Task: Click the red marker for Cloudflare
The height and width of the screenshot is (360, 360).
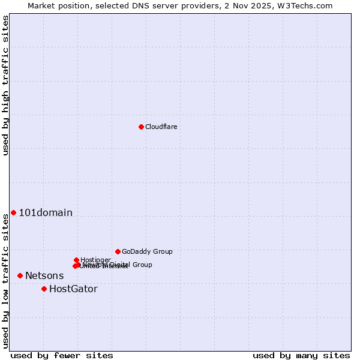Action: [141, 127]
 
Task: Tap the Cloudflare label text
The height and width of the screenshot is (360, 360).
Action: [161, 127]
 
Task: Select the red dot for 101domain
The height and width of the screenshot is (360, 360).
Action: [13, 212]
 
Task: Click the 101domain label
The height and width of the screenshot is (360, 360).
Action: [46, 212]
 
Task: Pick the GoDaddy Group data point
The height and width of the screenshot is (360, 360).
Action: [118, 251]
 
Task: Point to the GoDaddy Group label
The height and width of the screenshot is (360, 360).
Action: [147, 251]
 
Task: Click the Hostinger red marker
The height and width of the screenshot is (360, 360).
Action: [76, 260]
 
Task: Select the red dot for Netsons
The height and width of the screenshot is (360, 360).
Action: [20, 275]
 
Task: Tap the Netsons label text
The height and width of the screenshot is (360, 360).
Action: [44, 276]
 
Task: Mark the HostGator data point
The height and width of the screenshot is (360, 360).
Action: [44, 289]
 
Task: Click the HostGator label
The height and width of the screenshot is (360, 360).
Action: [73, 289]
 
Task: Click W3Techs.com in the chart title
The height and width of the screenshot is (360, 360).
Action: [306, 5]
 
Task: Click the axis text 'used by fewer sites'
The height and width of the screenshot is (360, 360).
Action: [62, 355]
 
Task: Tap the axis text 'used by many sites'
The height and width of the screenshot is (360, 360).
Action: [301, 355]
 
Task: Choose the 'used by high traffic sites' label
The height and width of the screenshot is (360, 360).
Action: [5, 85]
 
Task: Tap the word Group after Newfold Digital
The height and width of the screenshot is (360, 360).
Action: [142, 265]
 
